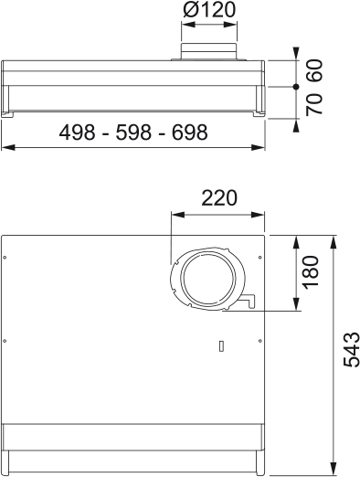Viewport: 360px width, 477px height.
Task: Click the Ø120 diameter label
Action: coord(209,12)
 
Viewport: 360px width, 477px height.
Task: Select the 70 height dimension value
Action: coord(315,103)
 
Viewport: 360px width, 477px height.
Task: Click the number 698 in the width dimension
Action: coord(189,132)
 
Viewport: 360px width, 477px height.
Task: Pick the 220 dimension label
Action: coord(218,198)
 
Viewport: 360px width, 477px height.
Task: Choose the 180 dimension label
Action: coord(311,272)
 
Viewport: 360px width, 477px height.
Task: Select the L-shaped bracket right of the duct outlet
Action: coord(249,302)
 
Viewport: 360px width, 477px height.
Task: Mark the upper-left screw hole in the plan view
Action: coord(6,258)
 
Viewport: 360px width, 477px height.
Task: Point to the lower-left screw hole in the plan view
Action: coord(6,341)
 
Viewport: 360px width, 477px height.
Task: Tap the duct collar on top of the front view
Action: coord(209,51)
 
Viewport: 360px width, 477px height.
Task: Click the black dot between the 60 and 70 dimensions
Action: coord(296,86)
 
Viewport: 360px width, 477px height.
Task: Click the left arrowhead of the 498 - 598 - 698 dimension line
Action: coord(5,146)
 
